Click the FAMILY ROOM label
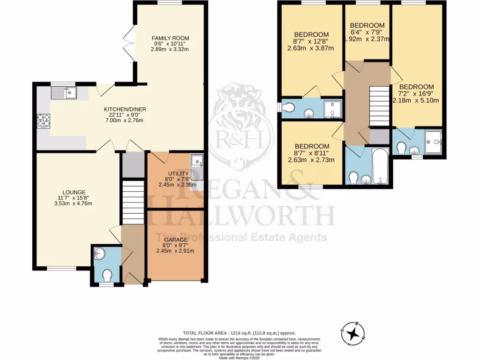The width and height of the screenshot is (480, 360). click(170, 38)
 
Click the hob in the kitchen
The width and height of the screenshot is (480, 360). click(44, 121)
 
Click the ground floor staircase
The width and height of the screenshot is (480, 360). click(133, 202)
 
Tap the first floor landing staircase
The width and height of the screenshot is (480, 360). click(380, 106)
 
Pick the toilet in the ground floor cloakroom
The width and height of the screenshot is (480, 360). click(107, 274)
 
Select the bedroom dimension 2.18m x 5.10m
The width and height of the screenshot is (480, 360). click(416, 100)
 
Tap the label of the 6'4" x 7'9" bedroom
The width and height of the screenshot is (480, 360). click(367, 25)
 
